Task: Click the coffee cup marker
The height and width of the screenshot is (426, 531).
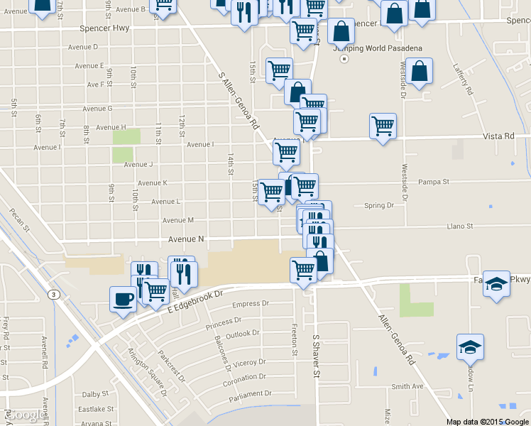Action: pos(123,298)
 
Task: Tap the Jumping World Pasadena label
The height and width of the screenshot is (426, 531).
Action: pos(383,48)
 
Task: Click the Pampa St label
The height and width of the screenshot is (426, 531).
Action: pos(434,182)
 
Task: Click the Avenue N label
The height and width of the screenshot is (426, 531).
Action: pos(186,240)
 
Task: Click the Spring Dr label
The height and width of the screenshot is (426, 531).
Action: pos(378,206)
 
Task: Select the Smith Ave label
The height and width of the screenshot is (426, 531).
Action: pos(407,387)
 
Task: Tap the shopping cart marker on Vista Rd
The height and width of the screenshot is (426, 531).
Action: pos(383,126)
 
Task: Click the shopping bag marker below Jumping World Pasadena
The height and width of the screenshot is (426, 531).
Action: pos(420,72)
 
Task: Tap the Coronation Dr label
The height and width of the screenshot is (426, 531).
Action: pos(244,378)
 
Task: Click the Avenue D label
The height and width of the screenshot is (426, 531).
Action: pos(83,47)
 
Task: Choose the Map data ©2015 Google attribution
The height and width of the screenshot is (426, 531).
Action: pos(486,421)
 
